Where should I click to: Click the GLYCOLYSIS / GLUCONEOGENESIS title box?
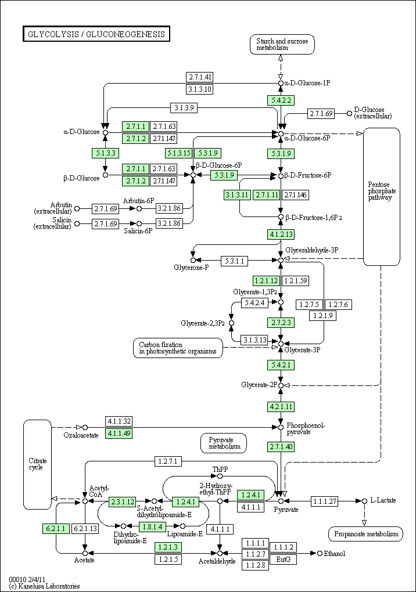pos(96,34)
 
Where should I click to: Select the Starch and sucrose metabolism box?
pos(282,44)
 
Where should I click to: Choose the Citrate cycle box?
pos(37,464)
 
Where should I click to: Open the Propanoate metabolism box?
pos(366,534)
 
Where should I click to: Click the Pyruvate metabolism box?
pos(224,443)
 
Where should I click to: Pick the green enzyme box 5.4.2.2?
pos(281,100)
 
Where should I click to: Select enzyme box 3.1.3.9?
pos(184,107)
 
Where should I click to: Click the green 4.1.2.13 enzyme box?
pos(281,234)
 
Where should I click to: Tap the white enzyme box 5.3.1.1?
pos(235,261)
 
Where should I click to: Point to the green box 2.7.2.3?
pos(281,323)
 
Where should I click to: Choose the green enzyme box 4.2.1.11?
pos(281,407)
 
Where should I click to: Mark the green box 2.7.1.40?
pos(281,447)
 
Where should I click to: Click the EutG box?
pos(283,559)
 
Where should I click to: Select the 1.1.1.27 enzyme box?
pos(325,501)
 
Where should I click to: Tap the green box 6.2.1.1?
pos(56,529)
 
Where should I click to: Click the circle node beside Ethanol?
pos(320,554)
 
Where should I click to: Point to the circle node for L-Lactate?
pos(364,501)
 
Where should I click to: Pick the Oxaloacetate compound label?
pos(81,435)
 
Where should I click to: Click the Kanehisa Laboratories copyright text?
pos(44,586)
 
